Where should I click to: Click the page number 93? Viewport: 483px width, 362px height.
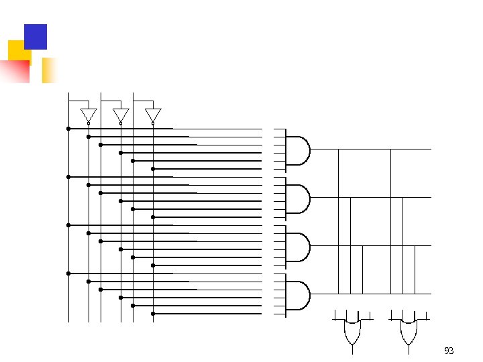point(449,351)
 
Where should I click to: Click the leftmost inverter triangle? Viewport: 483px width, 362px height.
point(89,115)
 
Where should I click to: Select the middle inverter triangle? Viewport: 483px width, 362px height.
point(121,115)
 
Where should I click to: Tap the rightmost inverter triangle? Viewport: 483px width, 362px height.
point(153,115)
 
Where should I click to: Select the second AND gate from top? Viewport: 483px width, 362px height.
point(298,198)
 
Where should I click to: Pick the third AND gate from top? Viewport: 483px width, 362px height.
point(298,246)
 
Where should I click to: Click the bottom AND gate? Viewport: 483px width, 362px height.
point(298,294)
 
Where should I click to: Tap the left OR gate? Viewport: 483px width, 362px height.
point(352,331)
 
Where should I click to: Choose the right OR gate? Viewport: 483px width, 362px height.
point(408,331)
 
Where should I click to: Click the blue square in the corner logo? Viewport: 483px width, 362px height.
point(36,36)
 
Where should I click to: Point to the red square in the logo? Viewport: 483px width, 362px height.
point(16,70)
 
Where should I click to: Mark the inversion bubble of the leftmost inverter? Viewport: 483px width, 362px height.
point(89,123)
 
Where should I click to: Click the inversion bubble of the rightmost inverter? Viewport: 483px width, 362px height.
point(153,123)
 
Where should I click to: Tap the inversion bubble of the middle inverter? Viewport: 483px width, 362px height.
point(121,123)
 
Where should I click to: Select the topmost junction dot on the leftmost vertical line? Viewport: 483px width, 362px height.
point(68,129)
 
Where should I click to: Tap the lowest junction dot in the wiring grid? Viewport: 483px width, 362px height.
point(153,314)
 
